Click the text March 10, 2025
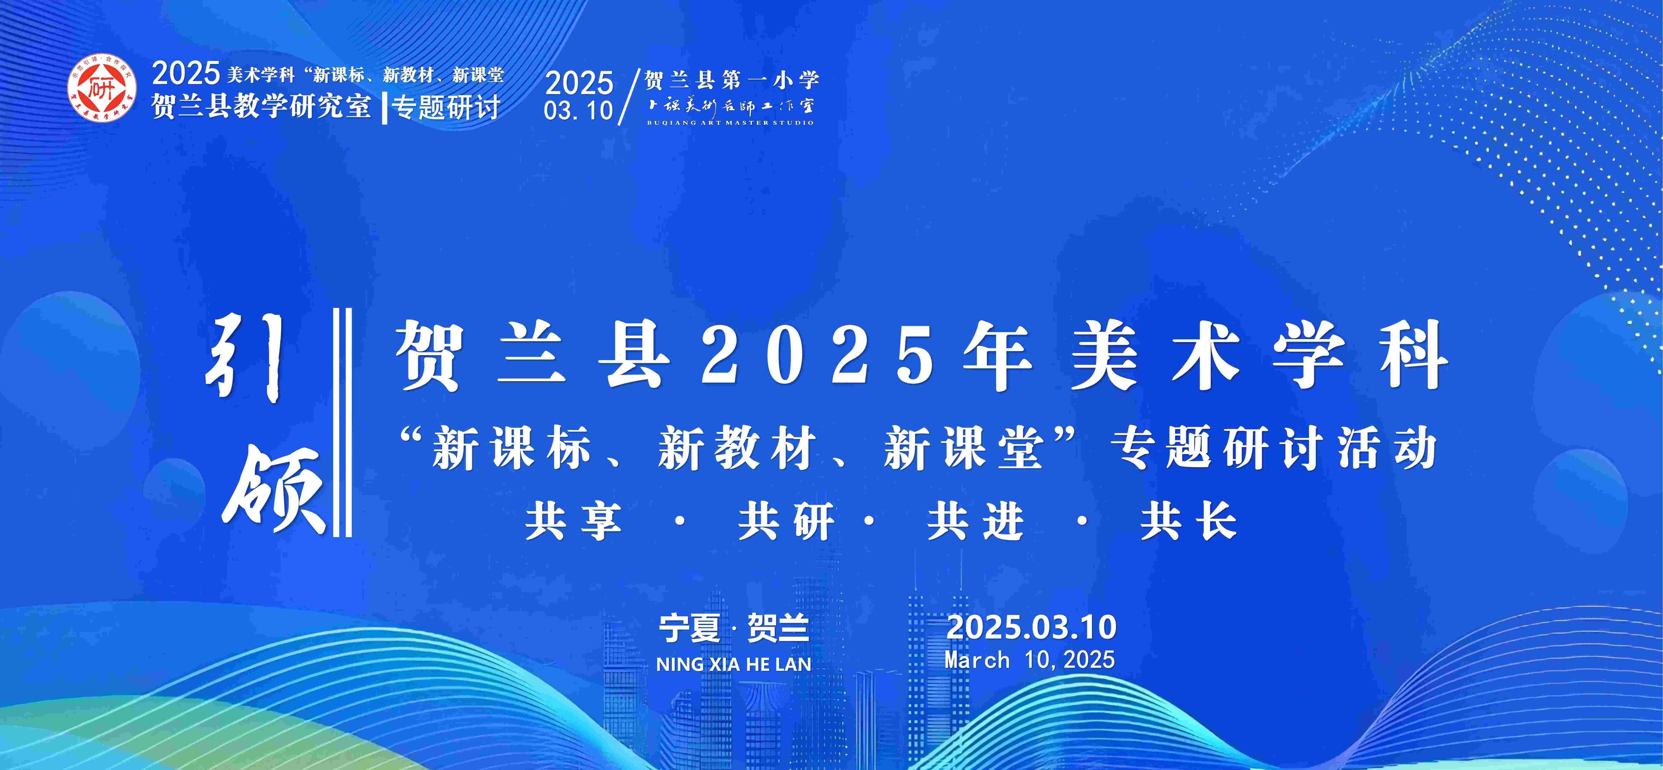1030,660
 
